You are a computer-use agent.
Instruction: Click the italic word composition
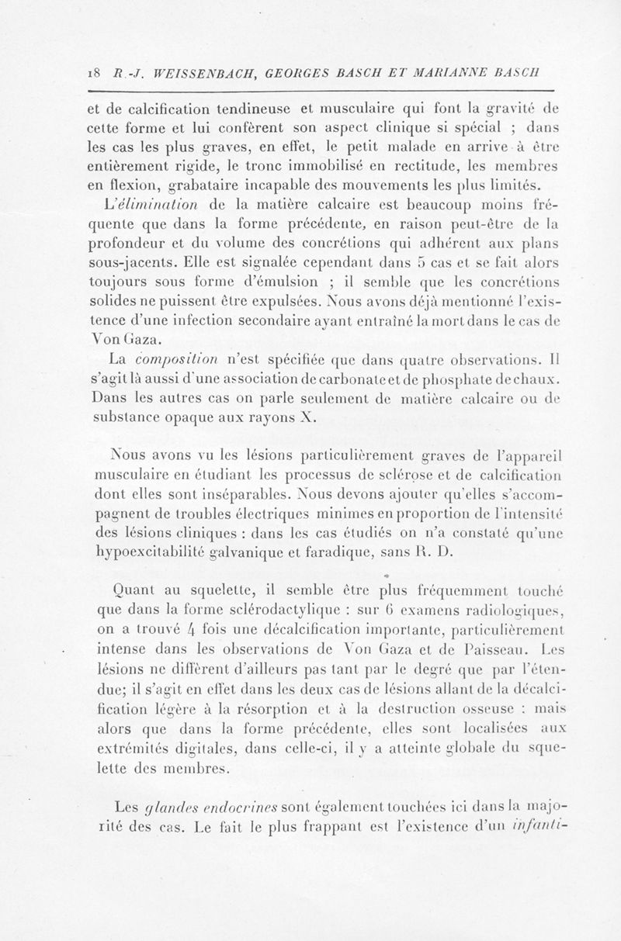coord(175,358)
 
